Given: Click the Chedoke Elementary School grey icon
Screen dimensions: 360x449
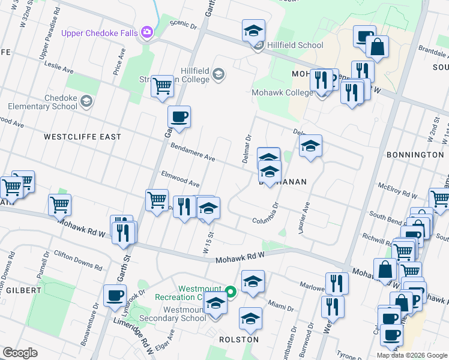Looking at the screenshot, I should point(87,101).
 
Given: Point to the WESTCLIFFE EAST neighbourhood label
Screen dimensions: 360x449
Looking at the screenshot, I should point(82,137).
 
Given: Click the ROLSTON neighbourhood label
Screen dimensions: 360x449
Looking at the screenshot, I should point(240,340).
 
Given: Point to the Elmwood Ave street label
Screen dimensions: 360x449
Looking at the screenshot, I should point(180,178).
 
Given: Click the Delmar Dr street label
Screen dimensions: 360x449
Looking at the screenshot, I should point(247,147).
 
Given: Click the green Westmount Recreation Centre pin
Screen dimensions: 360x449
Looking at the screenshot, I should point(231,292).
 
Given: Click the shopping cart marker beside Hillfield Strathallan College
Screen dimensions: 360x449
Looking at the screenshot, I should point(162,86).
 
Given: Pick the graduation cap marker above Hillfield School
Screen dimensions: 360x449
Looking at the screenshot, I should point(253,29).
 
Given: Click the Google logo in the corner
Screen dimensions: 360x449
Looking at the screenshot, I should point(20,353).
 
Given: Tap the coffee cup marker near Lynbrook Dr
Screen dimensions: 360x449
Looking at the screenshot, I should point(115,295).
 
